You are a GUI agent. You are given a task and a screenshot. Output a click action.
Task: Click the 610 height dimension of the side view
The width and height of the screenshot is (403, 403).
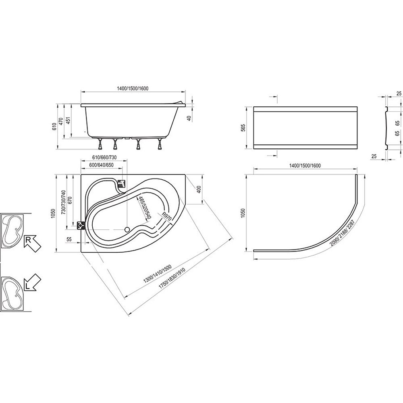[x=54, y=127]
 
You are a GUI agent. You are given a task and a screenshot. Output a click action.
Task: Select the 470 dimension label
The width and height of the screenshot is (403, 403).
[x=61, y=122]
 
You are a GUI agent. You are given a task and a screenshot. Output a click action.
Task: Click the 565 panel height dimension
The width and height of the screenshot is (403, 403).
[x=243, y=128]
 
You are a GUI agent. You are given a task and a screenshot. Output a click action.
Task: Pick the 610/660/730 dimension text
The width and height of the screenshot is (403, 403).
[x=104, y=157]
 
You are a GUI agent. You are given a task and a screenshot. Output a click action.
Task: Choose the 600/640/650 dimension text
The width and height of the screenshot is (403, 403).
[x=101, y=165]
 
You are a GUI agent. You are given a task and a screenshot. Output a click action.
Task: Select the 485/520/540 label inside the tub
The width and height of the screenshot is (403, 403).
[x=144, y=208]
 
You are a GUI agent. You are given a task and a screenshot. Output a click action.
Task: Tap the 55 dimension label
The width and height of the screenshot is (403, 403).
[x=69, y=239]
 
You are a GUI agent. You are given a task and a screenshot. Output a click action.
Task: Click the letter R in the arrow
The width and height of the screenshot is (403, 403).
[x=28, y=240]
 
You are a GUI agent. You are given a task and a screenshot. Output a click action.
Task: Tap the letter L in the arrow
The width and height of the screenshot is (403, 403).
[x=27, y=285]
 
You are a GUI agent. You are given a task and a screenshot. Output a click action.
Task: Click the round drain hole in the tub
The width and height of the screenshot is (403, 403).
[x=127, y=229]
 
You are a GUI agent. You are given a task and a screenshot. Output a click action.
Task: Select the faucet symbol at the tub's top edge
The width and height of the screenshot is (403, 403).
[x=121, y=183]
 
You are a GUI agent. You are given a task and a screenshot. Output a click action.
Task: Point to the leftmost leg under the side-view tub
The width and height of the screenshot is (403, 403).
[x=100, y=144]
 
